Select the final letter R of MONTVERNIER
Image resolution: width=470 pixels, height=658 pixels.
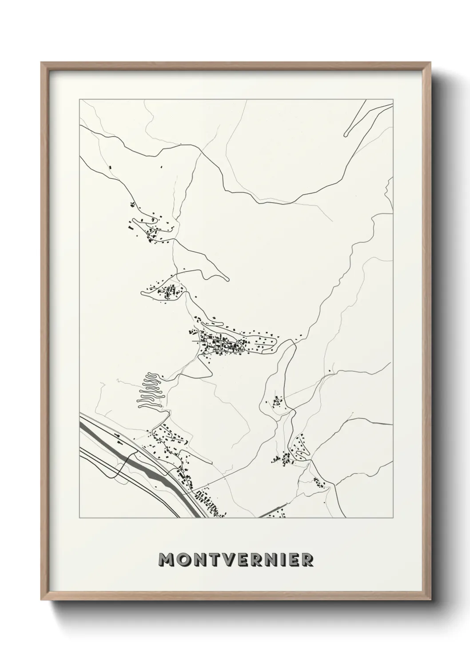coord(307,560)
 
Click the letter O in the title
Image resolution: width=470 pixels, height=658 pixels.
coord(184,560)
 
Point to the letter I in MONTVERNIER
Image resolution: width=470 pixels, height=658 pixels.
coord(283,560)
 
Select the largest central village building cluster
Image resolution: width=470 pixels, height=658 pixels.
coord(222,345)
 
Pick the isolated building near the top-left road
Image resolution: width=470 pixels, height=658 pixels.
coord(110,167)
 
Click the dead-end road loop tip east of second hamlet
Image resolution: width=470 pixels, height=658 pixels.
coord(227,280)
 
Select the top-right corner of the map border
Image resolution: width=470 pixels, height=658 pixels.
coord(393,99)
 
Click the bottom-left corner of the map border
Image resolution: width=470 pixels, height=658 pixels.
coord(80,518)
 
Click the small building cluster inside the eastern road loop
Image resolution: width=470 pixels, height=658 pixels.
coord(277,402)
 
